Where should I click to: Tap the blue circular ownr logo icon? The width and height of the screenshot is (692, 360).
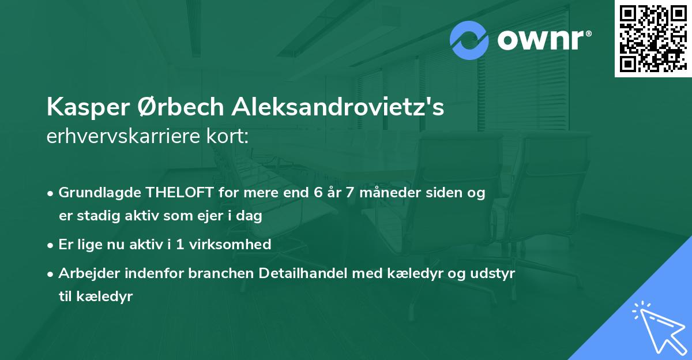(469, 40)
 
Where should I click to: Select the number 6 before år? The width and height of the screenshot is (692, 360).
(318, 193)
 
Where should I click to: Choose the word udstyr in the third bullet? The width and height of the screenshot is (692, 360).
(494, 273)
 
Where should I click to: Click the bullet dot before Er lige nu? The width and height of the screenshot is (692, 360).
(51, 245)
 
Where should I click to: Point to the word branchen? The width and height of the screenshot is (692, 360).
(222, 273)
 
